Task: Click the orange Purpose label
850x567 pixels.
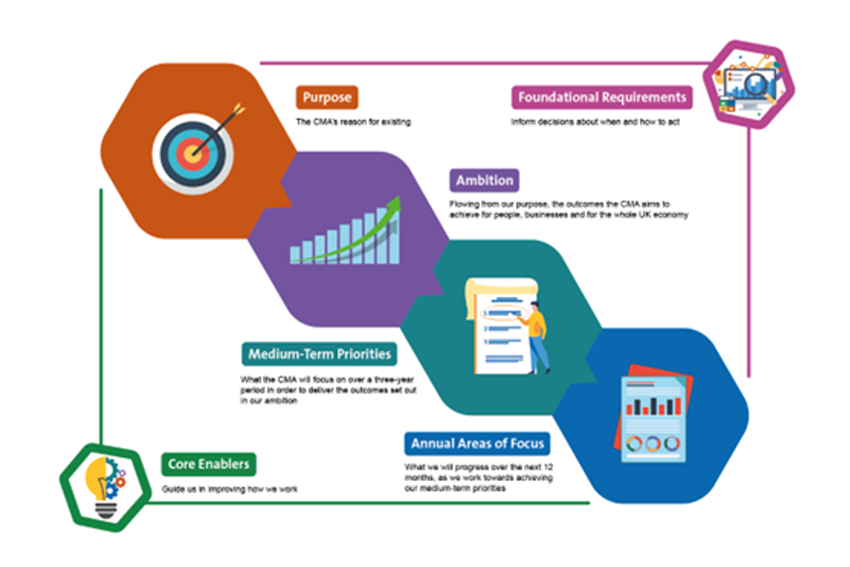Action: (x=327, y=97)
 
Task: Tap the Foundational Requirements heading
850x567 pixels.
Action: (x=602, y=97)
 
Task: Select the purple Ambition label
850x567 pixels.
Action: (x=483, y=181)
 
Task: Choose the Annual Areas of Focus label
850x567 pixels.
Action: (x=477, y=443)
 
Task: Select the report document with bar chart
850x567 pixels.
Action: (x=652, y=416)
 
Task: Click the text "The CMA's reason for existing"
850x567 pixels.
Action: (x=353, y=121)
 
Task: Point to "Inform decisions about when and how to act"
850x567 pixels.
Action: (x=595, y=121)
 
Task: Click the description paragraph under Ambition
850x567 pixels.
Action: (x=568, y=210)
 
